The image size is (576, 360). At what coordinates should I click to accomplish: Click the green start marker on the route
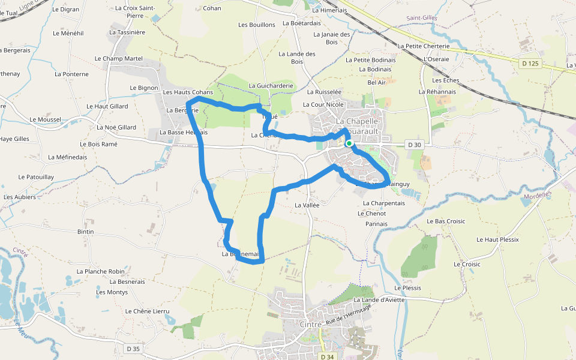[349, 143]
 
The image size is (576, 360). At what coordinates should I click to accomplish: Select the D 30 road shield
[414, 145]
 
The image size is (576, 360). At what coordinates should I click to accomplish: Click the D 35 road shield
[133, 349]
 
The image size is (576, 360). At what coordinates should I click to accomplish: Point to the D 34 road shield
[326, 357]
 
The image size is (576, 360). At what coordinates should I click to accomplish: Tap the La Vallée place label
[307, 205]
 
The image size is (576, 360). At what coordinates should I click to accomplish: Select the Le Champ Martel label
[119, 58]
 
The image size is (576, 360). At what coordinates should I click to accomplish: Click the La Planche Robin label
[101, 271]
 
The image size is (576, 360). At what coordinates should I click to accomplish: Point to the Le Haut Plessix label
[497, 239]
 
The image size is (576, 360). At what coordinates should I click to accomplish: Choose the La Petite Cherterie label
[424, 46]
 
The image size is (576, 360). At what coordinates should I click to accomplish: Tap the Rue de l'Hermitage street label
[349, 314]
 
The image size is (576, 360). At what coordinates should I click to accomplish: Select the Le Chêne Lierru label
[148, 311]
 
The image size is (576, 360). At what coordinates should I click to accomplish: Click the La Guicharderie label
[271, 86]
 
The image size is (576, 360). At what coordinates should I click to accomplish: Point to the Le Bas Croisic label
[446, 221]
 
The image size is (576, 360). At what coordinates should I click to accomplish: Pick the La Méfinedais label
[67, 157]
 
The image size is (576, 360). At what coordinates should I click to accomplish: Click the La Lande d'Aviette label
[379, 300]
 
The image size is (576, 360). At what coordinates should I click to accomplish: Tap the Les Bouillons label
[257, 25]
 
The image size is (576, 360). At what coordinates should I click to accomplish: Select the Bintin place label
[86, 231]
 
